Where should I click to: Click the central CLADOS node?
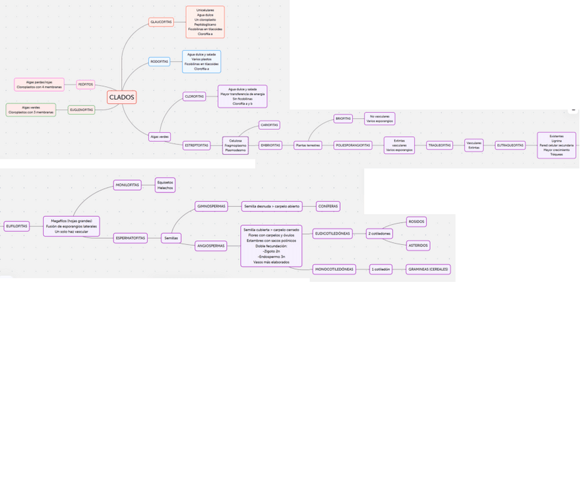[122, 97]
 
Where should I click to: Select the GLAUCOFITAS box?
[161, 23]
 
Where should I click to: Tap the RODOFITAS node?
[159, 62]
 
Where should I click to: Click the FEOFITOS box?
[85, 84]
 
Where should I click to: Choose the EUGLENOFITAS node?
[81, 109]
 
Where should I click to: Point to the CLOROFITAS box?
[194, 96]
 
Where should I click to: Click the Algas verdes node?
[159, 137]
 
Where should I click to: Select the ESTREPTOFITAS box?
[197, 145]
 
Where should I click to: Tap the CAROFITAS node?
[269, 125]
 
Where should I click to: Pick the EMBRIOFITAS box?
[270, 145]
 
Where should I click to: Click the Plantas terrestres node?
[308, 145]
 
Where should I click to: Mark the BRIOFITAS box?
[343, 118]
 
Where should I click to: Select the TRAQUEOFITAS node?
[439, 145]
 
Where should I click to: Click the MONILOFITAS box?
[127, 185]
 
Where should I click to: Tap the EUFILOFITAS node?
[16, 226]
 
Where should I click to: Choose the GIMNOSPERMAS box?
[211, 206]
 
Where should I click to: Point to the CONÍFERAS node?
[328, 206]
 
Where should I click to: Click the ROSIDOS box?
[417, 222]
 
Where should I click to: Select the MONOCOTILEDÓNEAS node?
[334, 269]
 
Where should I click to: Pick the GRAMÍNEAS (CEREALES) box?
[428, 269]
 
